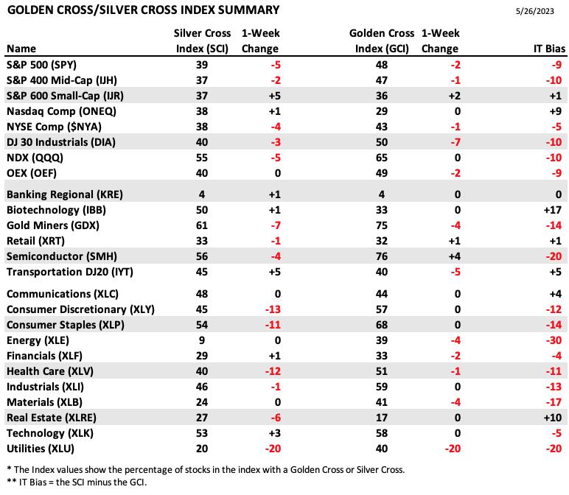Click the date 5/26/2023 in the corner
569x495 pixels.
[534, 11]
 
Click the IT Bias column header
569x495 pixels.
[549, 49]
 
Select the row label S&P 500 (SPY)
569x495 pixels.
[42, 65]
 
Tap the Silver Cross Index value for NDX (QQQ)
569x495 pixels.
[202, 158]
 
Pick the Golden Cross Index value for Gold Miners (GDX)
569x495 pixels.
[382, 225]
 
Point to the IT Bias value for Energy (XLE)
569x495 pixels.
[554, 340]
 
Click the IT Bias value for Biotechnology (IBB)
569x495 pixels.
[553, 210]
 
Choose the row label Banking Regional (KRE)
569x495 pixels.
[65, 194]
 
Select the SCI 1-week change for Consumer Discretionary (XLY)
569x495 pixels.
[273, 309]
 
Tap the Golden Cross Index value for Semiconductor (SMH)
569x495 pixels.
[382, 256]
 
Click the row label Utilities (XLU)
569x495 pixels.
[41, 449]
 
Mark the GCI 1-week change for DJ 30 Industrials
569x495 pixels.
[455, 142]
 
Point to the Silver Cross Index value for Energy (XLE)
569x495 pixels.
[202, 340]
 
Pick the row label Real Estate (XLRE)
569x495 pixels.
[52, 418]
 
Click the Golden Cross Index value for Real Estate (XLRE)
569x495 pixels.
[382, 418]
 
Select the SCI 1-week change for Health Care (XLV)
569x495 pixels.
[273, 371]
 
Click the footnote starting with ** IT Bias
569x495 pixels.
[77, 482]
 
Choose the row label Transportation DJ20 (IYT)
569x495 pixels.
[70, 272]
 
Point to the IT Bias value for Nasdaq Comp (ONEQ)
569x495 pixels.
[556, 111]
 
